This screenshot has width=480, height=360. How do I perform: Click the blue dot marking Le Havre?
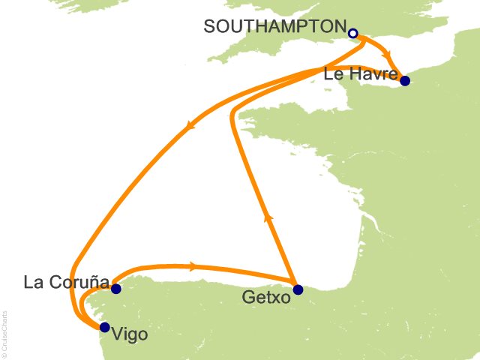coord(405,81)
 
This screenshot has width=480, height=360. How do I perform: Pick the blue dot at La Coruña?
coord(115,289)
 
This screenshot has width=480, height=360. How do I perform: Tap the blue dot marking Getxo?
coord(298,289)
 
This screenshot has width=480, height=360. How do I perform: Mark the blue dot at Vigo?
coord(104,327)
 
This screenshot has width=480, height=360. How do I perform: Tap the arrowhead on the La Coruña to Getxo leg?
coord(193,265)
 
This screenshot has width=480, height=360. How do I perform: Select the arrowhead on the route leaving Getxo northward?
coord(267,217)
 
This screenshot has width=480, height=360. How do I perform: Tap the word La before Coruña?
coord(33,283)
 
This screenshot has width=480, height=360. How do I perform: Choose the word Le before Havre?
coord(332,73)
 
